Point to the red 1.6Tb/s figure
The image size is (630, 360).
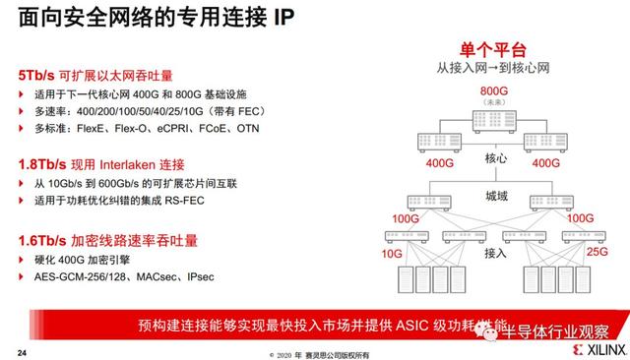click(42, 239)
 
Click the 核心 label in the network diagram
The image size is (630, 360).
click(496, 158)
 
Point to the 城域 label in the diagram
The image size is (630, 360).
click(496, 197)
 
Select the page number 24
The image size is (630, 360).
click(22, 350)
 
